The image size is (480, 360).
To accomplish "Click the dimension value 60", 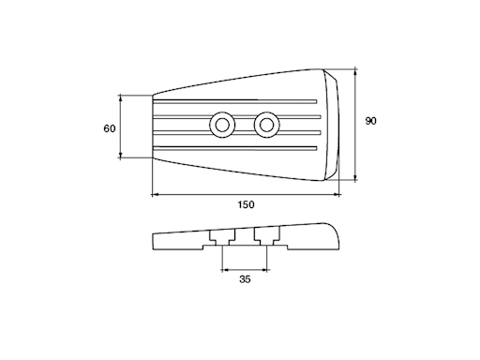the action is [x=110, y=128].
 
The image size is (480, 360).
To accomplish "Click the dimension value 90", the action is [x=370, y=121].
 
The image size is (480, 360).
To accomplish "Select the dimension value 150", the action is [x=247, y=204].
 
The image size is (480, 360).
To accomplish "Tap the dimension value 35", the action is [x=245, y=279].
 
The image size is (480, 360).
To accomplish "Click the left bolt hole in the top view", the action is [x=222, y=125].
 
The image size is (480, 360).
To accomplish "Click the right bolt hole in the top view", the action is [x=266, y=125].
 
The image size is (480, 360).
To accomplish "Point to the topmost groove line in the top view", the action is [x=235, y=101].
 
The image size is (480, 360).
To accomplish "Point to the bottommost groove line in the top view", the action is [x=235, y=148].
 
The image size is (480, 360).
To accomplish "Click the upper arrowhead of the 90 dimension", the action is [x=355, y=73].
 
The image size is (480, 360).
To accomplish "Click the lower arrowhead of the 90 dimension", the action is [x=355, y=177].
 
